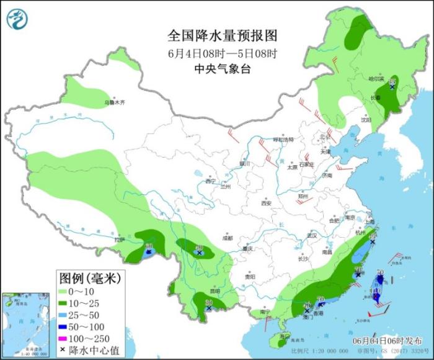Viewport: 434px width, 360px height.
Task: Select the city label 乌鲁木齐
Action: coord(114,102)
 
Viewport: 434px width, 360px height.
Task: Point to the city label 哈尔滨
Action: coord(376,79)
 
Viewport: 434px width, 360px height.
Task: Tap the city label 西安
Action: coord(267,203)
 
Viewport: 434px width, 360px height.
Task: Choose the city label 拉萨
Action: coord(120,239)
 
